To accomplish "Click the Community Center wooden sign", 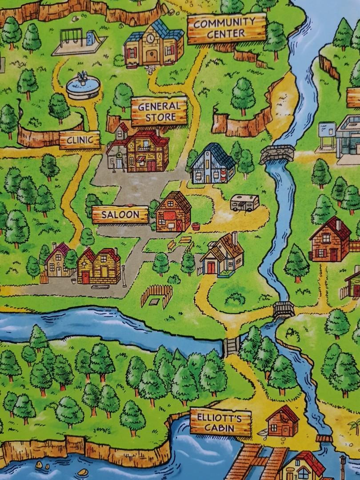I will tap(226, 28).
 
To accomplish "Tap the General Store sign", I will tap(159, 112).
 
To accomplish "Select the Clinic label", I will tap(80, 140).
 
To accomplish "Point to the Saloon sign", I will tap(120, 215).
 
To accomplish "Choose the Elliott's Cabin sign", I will tap(220, 422).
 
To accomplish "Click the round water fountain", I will tap(83, 87).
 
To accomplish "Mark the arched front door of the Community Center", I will tap(152, 56).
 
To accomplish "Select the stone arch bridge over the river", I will tap(277, 154).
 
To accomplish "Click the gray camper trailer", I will tap(244, 203).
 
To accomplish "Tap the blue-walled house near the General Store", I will tap(212, 164).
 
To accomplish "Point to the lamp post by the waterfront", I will tap(343, 462).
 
